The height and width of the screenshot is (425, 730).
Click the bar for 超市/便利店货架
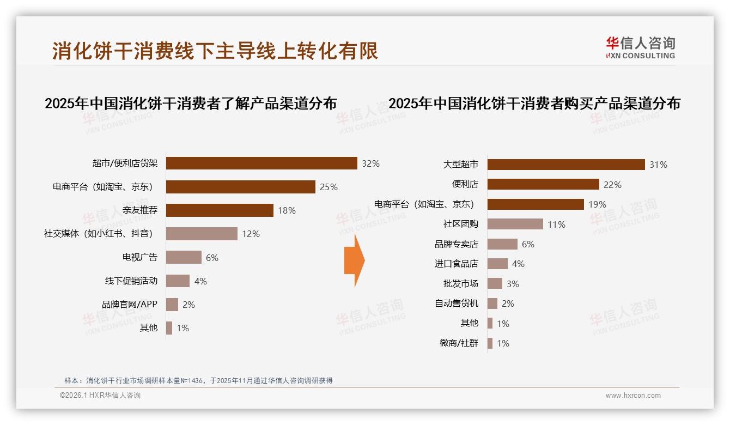261,163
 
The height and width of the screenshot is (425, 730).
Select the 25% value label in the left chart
328,187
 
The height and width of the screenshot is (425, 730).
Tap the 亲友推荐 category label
140,210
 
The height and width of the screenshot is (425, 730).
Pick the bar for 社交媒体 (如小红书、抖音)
202,234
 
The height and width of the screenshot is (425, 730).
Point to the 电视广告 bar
184,257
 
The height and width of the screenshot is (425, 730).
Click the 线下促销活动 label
131,281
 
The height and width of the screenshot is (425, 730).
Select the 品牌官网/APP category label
130,305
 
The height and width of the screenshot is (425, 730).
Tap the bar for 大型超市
566,165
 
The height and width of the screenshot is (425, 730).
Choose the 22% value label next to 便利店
612,185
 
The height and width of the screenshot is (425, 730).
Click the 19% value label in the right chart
597,204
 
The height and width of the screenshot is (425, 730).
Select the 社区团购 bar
515,224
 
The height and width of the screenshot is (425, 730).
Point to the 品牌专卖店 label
457,244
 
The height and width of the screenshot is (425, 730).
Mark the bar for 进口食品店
497,264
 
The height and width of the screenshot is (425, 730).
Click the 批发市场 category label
461,284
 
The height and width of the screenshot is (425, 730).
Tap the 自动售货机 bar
492,303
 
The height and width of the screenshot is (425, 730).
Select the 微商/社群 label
459,343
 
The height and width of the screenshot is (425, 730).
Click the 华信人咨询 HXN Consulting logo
640,47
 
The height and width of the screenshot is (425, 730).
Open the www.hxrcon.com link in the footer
633,396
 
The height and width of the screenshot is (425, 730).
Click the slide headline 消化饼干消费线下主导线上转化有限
215,51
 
